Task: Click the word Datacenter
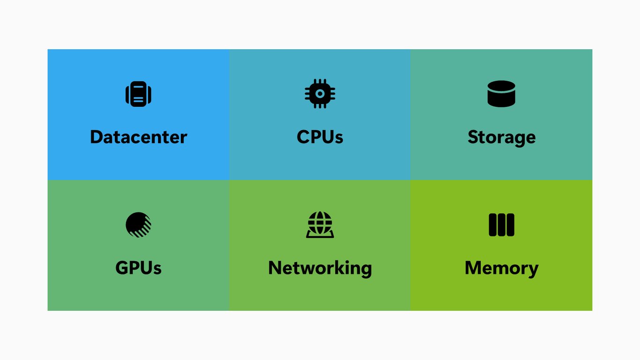coord(139,137)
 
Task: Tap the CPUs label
coord(320,137)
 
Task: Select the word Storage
coord(501,138)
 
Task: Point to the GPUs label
coord(138,268)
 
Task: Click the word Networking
coord(320,269)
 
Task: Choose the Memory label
coord(501,269)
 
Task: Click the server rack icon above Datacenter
coord(138,94)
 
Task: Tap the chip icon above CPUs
coord(320,93)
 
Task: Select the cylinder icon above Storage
coord(501,94)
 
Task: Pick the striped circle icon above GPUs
coord(138,225)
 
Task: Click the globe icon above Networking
coord(320,225)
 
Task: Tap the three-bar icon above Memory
coord(501,225)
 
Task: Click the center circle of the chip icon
coord(320,93)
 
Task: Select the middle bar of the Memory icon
coord(501,225)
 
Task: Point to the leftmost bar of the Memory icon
coord(492,225)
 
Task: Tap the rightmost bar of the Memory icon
coord(511,225)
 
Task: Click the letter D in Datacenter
coord(97,137)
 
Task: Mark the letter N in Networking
coord(275,268)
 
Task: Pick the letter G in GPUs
coord(122,268)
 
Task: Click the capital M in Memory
coord(473,268)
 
